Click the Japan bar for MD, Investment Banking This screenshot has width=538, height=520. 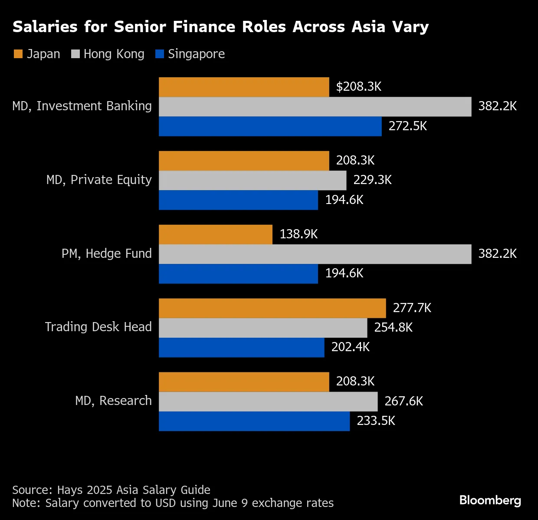pyautogui.click(x=244, y=87)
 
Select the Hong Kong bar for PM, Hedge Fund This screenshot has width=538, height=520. pyautogui.click(x=315, y=254)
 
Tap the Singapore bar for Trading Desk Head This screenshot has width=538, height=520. pyautogui.click(x=241, y=347)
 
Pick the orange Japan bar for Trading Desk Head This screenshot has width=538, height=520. pyautogui.click(x=272, y=308)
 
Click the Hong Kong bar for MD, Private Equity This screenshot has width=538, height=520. pyautogui.click(x=253, y=180)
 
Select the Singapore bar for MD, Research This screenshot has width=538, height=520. pyautogui.click(x=254, y=421)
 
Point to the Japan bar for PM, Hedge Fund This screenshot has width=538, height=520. pyautogui.click(x=216, y=234)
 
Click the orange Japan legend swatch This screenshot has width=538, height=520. pyautogui.click(x=18, y=54)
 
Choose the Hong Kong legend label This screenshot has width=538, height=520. pyautogui.click(x=114, y=54)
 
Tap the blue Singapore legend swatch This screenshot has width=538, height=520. pyautogui.click(x=160, y=54)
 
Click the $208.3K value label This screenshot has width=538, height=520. pyautogui.click(x=358, y=86)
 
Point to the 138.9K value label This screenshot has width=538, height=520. pyautogui.click(x=299, y=234)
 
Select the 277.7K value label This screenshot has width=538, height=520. pyautogui.click(x=412, y=308)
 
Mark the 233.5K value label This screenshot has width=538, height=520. pyautogui.click(x=376, y=421)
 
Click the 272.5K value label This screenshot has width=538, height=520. pyautogui.click(x=407, y=126)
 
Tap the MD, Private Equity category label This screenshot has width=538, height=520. pyautogui.click(x=99, y=180)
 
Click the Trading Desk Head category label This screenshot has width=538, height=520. pyautogui.click(x=98, y=327)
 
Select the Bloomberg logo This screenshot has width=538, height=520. pyautogui.click(x=490, y=500)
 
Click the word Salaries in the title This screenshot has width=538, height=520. pyautogui.click(x=45, y=27)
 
